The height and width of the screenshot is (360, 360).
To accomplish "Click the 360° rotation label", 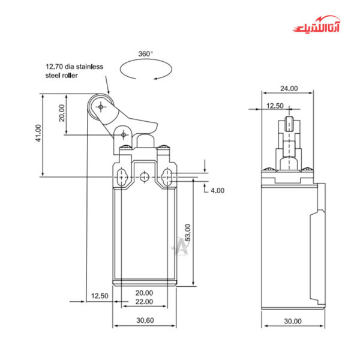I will click(x=145, y=54).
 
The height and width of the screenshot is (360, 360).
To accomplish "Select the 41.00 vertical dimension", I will click(x=38, y=133).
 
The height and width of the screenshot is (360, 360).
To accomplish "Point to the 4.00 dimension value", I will click(x=216, y=190).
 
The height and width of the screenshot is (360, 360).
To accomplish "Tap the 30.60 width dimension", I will click(x=145, y=320).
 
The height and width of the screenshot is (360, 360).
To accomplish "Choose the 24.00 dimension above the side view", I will click(x=289, y=88).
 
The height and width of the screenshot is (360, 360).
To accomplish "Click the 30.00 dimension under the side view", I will click(x=293, y=321).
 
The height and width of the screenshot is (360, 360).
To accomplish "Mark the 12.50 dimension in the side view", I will click(x=275, y=106).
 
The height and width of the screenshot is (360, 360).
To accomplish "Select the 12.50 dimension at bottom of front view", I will click(x=100, y=296).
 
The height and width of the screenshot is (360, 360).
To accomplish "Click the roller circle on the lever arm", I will click(x=100, y=107).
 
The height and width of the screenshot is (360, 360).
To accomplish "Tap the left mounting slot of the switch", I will click(x=122, y=177).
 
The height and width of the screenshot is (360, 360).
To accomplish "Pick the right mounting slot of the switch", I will click(x=166, y=177).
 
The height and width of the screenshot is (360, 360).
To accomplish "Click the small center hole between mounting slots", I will click(x=145, y=177).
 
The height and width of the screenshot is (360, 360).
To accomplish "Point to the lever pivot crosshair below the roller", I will click(x=124, y=134).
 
